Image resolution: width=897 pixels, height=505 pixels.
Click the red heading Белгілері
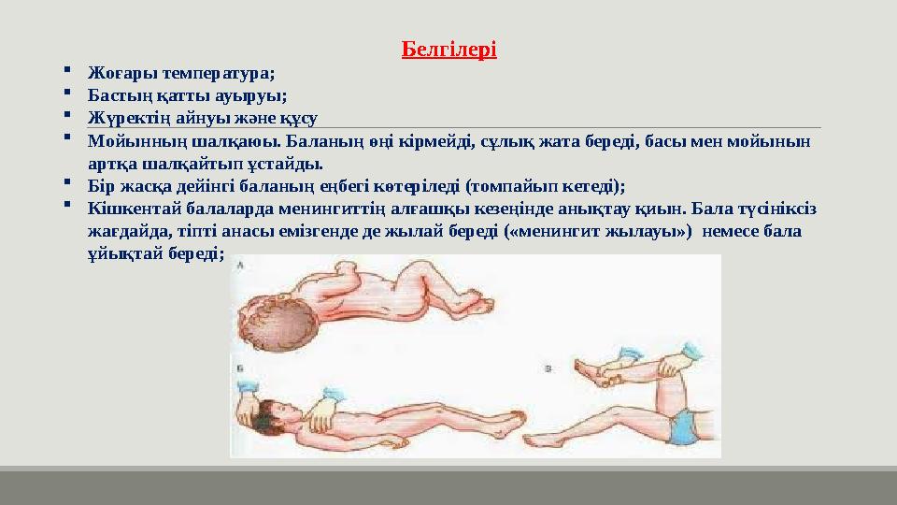(x=448, y=49)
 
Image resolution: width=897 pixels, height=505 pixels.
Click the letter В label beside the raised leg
(x=548, y=369)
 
